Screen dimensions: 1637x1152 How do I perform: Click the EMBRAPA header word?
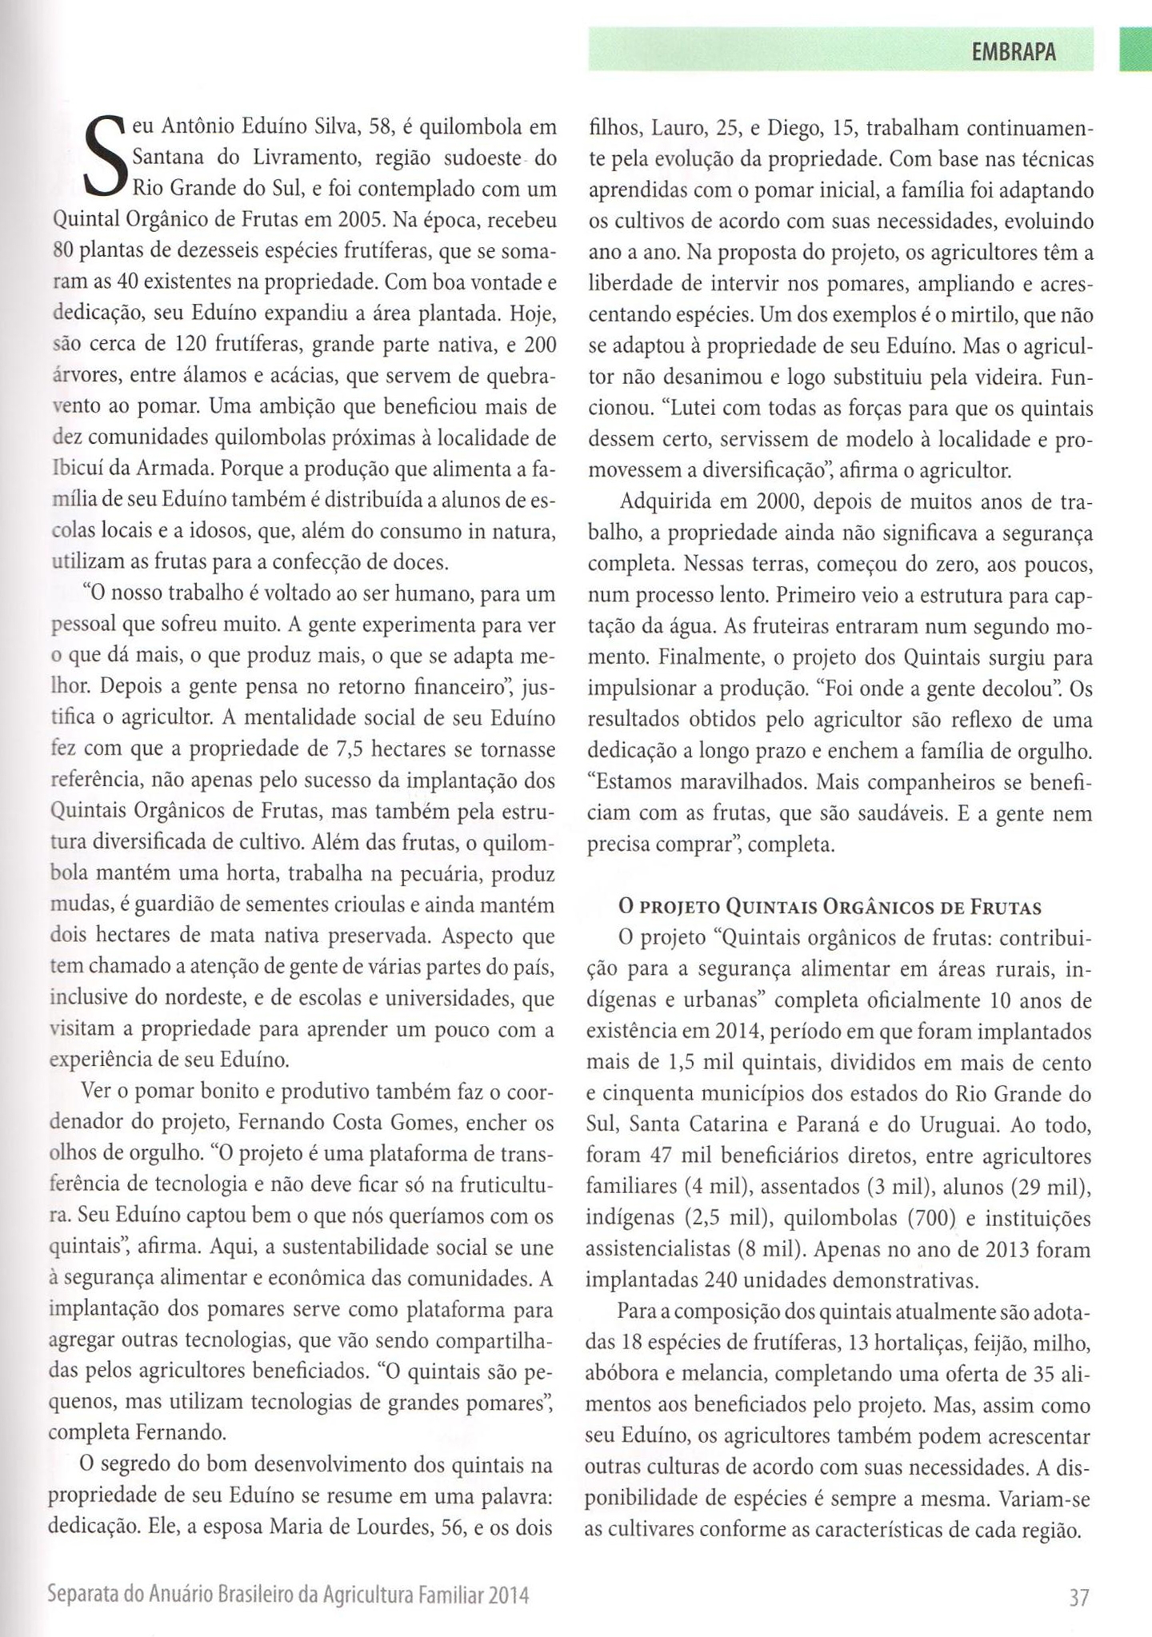1013,52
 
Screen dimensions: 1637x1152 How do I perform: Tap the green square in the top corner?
1135,50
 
